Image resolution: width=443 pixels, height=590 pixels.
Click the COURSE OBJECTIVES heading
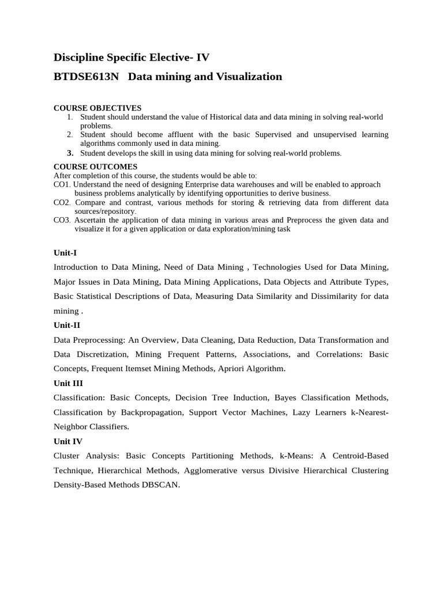(97, 108)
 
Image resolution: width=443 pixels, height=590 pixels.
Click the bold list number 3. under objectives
(70, 153)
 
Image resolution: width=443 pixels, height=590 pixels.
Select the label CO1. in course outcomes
(62, 184)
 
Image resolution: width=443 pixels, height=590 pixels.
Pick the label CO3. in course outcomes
(62, 220)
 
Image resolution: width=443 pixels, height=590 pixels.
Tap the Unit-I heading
(65, 253)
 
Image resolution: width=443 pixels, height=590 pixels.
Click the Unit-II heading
(66, 326)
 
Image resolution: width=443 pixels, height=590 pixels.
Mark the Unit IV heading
(68, 441)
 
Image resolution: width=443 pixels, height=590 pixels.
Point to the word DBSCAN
(160, 485)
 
